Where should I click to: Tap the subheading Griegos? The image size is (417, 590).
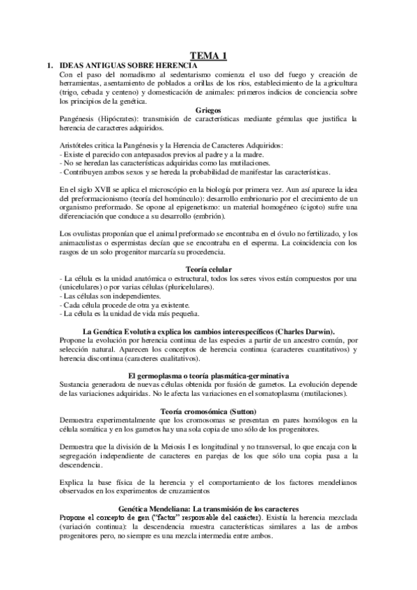(x=209, y=110)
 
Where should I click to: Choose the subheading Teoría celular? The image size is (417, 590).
(x=209, y=269)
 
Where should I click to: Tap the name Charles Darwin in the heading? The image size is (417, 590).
(x=307, y=332)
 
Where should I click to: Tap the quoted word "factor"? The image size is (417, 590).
(x=164, y=518)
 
